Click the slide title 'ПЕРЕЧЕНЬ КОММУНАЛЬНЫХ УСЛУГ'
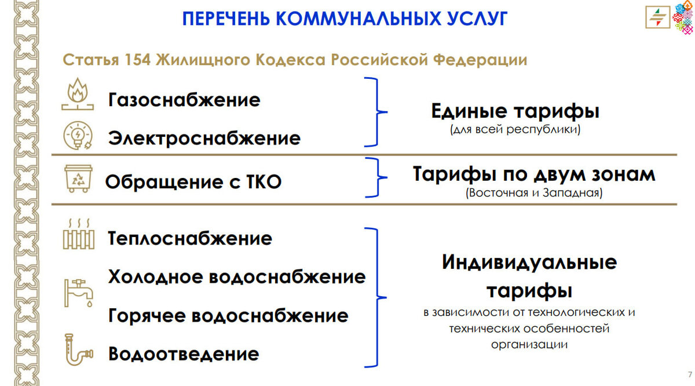pos(345,19)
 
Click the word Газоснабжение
pos(184,100)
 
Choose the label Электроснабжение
pos(204,139)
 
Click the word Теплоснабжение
pos(190,239)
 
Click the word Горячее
pos(147,316)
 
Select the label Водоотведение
pos(184,354)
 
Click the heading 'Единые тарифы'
pos(515,111)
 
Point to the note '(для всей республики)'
pos(515,130)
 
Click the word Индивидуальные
pos(529,263)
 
